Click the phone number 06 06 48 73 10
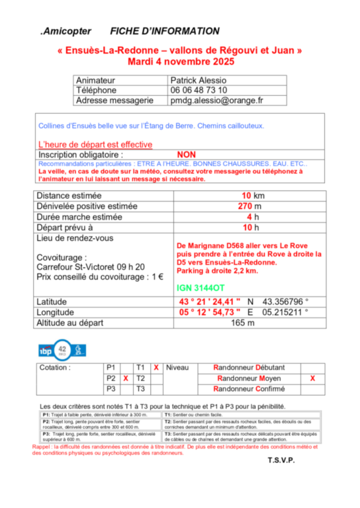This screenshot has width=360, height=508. coord(199,90)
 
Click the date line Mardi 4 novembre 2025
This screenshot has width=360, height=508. coord(180,62)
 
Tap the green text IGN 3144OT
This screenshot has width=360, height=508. coord(201,288)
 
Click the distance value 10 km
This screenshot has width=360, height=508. coord(253,196)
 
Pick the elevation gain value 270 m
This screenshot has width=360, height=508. coord(251,206)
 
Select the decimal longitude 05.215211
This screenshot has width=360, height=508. coord(287,312)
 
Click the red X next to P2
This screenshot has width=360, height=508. coord(125,378)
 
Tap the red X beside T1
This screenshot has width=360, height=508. coord(156,367)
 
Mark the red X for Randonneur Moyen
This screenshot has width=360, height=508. coord(312,378)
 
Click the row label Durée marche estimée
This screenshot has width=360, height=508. coord(79,217)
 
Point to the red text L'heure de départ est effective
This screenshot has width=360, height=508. coord(95,144)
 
